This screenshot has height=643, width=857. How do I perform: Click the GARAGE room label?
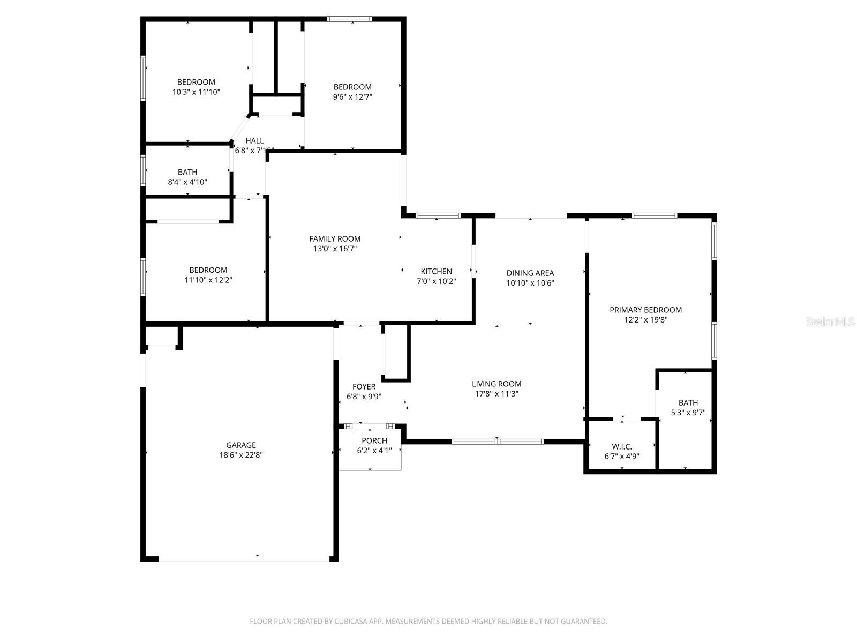click(240, 445)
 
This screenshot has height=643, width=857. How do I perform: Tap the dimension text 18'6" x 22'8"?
click(240, 455)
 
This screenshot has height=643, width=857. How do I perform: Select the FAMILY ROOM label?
click(335, 238)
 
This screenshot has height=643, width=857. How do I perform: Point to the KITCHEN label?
click(436, 271)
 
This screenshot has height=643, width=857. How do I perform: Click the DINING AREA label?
click(530, 273)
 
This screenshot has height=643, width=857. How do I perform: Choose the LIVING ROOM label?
click(497, 384)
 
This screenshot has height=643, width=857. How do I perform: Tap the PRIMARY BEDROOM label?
click(645, 310)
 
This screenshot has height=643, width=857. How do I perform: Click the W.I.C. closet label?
click(621, 446)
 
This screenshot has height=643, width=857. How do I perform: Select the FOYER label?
click(364, 386)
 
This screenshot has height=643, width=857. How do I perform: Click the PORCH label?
click(374, 440)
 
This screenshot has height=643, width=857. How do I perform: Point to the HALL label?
click(254, 140)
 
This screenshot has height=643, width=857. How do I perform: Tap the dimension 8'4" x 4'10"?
click(187, 182)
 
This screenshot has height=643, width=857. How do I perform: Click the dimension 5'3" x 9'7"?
click(688, 413)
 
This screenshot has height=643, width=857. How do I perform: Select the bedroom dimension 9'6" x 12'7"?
click(352, 97)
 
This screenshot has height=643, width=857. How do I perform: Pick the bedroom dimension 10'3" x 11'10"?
click(196, 92)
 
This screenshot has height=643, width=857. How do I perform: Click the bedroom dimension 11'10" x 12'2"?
click(208, 280)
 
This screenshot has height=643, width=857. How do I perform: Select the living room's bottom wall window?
click(497, 442)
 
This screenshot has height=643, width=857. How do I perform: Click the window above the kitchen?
click(438, 215)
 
